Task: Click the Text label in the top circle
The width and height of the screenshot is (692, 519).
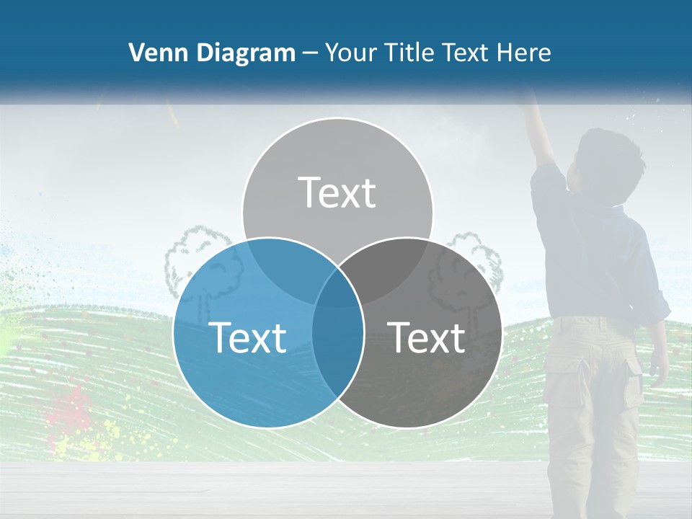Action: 337,192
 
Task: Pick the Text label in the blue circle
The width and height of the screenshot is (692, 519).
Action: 247,337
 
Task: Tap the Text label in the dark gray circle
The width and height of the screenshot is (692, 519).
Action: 426,337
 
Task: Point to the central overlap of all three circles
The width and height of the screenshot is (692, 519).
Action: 337,285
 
